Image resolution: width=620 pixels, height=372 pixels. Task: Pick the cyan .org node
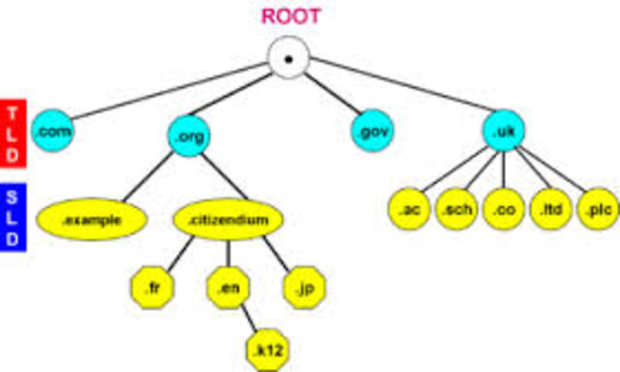click(x=187, y=136)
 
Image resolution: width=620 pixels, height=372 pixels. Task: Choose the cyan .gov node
click(x=371, y=131)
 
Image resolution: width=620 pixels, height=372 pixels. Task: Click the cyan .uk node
click(x=503, y=131)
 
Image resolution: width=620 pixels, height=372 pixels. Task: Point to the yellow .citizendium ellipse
click(x=228, y=219)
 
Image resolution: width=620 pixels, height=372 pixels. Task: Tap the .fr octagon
click(x=151, y=286)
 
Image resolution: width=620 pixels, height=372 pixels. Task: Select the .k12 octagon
click(x=263, y=345)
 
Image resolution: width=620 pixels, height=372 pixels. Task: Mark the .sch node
click(x=454, y=209)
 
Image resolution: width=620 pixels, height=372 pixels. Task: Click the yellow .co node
click(x=503, y=209)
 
